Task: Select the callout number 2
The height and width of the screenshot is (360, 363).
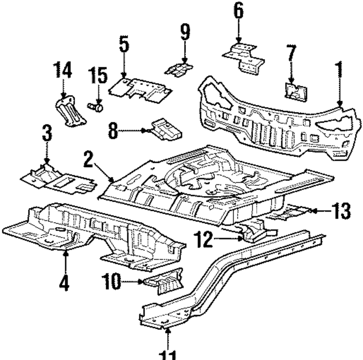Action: click(89, 159)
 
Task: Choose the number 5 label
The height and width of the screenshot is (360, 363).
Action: click(124, 45)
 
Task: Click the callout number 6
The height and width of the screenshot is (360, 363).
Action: click(238, 12)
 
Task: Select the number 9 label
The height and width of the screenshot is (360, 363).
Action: click(185, 33)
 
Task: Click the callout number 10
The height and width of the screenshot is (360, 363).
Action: click(111, 282)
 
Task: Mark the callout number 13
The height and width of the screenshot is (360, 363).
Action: click(340, 211)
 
